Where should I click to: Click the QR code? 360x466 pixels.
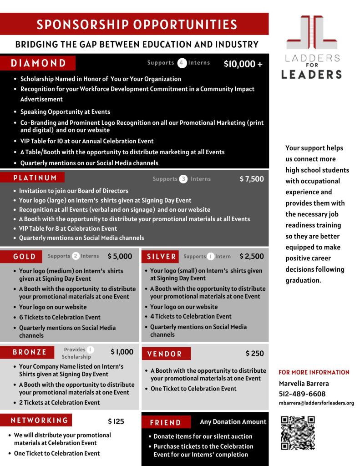point(298,432)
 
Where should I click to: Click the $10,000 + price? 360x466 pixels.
point(243,64)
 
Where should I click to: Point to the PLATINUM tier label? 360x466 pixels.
point(35,177)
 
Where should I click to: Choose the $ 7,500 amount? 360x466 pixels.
point(252,179)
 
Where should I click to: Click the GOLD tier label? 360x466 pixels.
point(25,257)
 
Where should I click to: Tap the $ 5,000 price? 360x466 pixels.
point(120,256)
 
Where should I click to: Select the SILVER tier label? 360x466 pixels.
point(162,257)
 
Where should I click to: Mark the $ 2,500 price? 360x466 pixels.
point(252,256)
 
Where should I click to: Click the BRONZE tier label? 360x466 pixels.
point(30,352)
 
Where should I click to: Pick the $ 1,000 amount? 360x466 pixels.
point(122,352)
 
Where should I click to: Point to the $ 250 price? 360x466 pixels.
point(254,353)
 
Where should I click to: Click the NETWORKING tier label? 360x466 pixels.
point(40,420)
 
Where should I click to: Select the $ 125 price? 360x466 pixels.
point(116,421)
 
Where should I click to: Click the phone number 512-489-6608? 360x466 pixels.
point(302,394)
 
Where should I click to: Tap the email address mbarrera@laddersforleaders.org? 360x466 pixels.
point(316,403)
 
